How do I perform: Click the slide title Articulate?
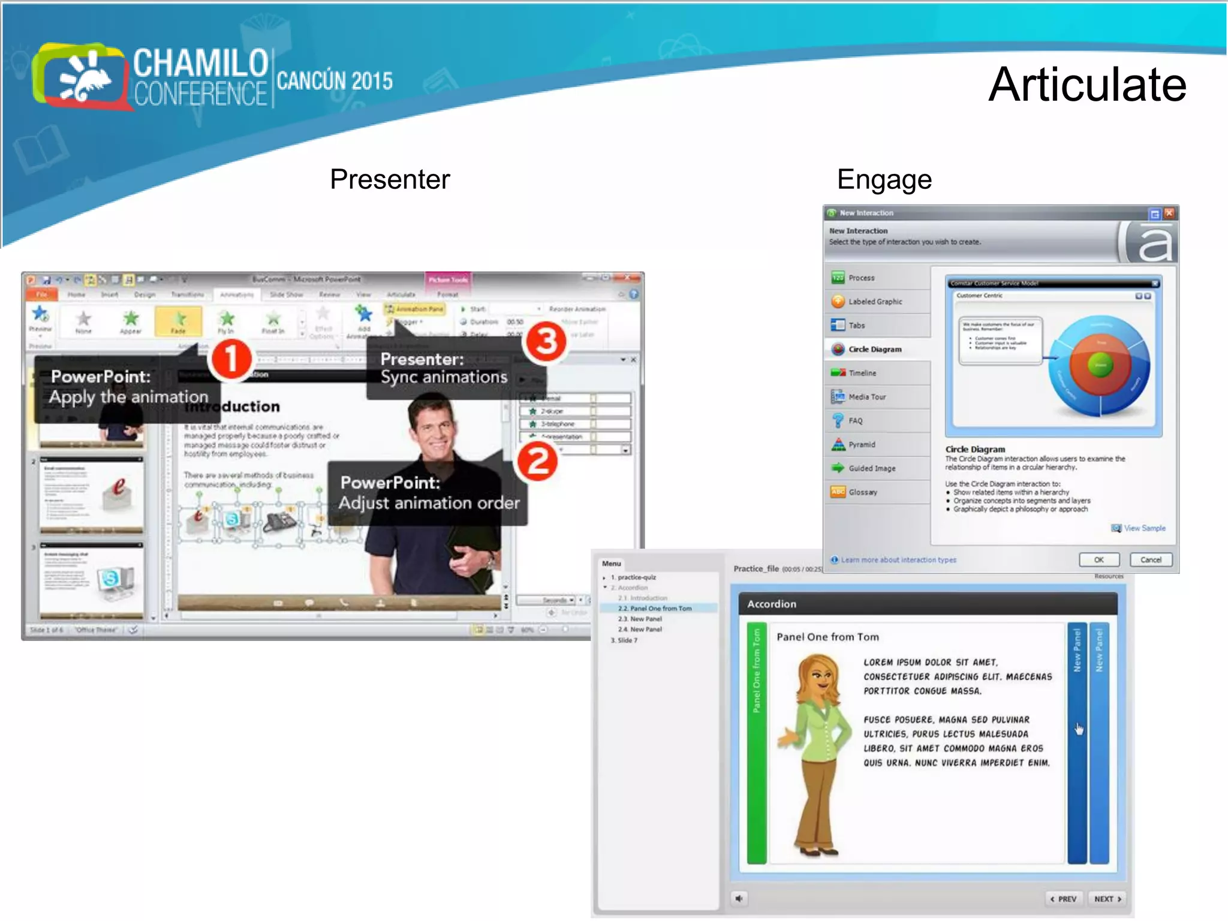click(x=1087, y=85)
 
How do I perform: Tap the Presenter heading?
click(x=390, y=179)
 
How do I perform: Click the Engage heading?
click(x=884, y=179)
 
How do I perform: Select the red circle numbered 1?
click(x=231, y=359)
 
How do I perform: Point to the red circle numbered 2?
click(x=537, y=461)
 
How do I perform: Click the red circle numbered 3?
click(x=545, y=341)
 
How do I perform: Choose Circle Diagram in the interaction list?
click(x=874, y=349)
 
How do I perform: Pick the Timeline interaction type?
click(x=862, y=373)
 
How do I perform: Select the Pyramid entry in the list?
click(x=861, y=444)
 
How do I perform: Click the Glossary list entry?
click(x=862, y=492)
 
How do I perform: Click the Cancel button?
click(x=1150, y=559)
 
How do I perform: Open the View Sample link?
click(x=1143, y=528)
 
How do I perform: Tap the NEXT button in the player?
click(x=1107, y=899)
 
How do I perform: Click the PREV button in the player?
click(x=1064, y=899)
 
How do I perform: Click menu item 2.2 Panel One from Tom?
click(x=654, y=608)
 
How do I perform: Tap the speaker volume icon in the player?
click(x=739, y=898)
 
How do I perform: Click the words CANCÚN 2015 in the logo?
click(x=335, y=80)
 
